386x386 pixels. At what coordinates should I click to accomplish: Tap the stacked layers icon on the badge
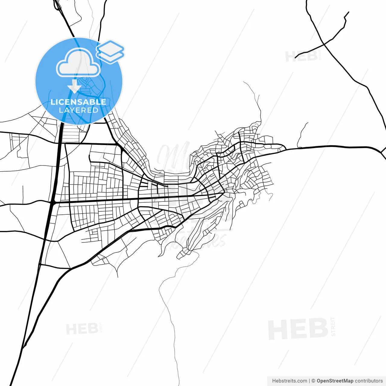110,52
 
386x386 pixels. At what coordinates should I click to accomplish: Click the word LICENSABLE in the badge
78,102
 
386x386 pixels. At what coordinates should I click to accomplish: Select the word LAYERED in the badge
78,110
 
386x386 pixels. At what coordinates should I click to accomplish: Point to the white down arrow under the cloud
74,87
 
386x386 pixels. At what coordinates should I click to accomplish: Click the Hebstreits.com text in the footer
289,381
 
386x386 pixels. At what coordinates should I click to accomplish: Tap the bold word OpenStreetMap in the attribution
335,381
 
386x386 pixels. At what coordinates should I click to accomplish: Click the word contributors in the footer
369,381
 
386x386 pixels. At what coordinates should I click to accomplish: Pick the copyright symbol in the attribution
313,381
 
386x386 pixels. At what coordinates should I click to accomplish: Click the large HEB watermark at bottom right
298,329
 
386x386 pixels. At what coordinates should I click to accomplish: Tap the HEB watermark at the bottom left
82,329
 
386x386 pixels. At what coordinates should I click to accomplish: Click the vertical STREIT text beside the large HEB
333,326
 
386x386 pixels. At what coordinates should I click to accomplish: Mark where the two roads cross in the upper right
324,45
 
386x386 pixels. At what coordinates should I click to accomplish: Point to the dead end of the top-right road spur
349,12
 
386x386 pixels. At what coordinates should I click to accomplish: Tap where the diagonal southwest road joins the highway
23,347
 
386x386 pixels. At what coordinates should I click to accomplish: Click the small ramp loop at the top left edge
57,5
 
